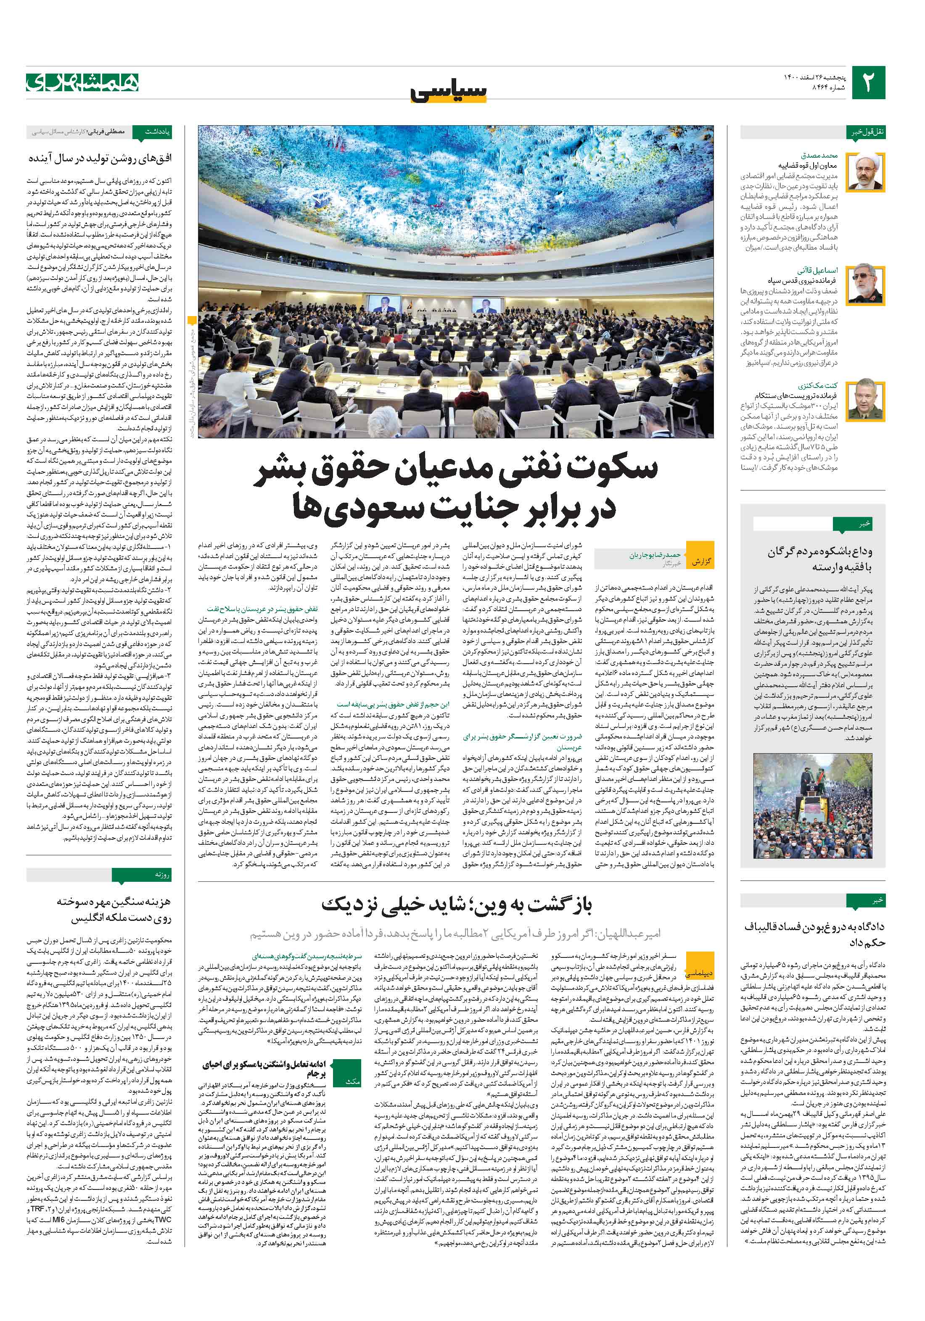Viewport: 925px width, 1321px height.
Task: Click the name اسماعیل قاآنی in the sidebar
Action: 817,270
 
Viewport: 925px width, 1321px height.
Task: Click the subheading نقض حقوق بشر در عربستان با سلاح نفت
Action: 262,608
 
